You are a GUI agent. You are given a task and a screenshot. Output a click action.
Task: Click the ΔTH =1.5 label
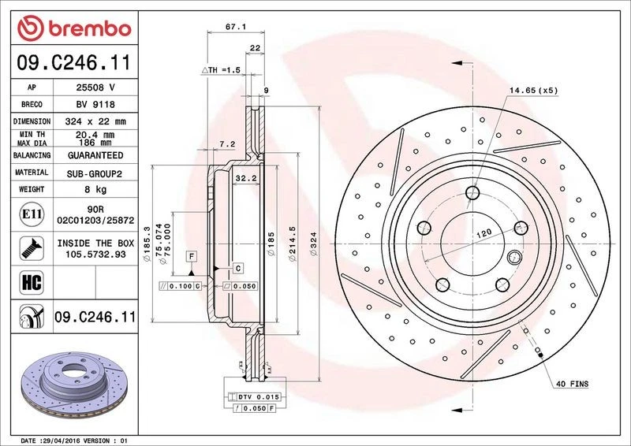pyautogui.click(x=221, y=70)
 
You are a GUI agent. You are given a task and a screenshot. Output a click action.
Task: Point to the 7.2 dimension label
pyautogui.click(x=226, y=143)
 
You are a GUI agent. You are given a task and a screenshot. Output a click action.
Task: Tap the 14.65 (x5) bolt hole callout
pyautogui.click(x=533, y=91)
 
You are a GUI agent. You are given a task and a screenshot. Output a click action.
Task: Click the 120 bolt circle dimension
pyautogui.click(x=482, y=234)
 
